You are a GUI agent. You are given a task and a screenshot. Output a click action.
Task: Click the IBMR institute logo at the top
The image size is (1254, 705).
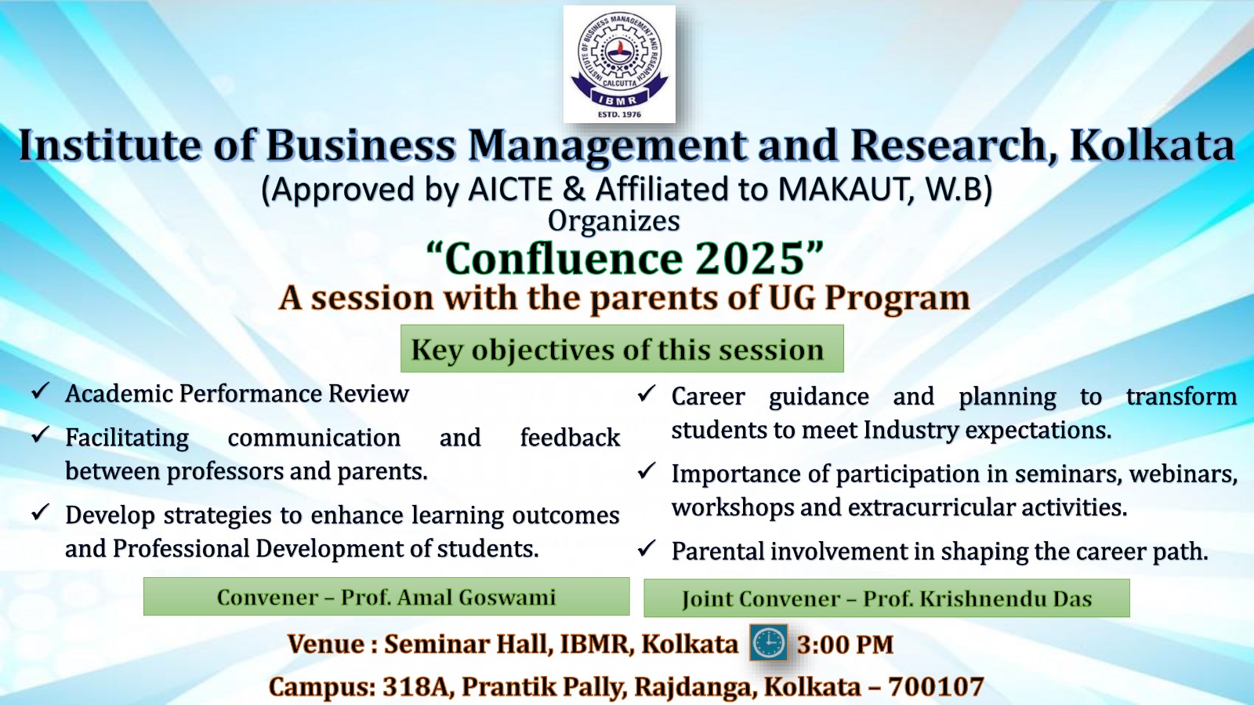tap(619, 64)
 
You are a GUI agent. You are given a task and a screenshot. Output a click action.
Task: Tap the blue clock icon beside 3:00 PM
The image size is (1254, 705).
tap(769, 643)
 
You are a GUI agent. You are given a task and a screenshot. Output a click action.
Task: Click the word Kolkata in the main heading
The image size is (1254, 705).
tap(1151, 146)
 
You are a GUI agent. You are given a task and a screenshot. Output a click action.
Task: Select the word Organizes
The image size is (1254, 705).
tap(614, 220)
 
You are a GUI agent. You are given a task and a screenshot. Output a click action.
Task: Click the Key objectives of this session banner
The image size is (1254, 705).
tap(622, 348)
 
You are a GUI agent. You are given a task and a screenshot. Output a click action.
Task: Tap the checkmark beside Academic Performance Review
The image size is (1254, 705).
tap(41, 391)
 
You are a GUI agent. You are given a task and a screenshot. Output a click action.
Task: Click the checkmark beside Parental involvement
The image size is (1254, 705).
tap(647, 547)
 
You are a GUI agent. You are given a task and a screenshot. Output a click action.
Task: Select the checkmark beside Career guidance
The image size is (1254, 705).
tap(647, 393)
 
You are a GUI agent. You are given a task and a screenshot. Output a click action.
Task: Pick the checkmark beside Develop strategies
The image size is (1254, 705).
tap(41, 511)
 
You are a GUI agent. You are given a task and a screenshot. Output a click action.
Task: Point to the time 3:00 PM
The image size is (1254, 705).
tap(846, 645)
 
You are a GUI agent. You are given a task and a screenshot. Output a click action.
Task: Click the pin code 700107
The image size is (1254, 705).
tap(936, 686)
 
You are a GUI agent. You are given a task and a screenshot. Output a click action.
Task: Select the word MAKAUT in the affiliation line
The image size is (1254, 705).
tap(839, 189)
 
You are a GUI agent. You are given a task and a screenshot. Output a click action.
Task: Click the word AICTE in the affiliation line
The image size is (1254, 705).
tap(510, 189)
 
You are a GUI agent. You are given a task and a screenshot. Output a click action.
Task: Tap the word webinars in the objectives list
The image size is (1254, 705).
tap(1183, 474)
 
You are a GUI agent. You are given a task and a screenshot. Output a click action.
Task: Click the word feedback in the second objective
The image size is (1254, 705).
tap(570, 438)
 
